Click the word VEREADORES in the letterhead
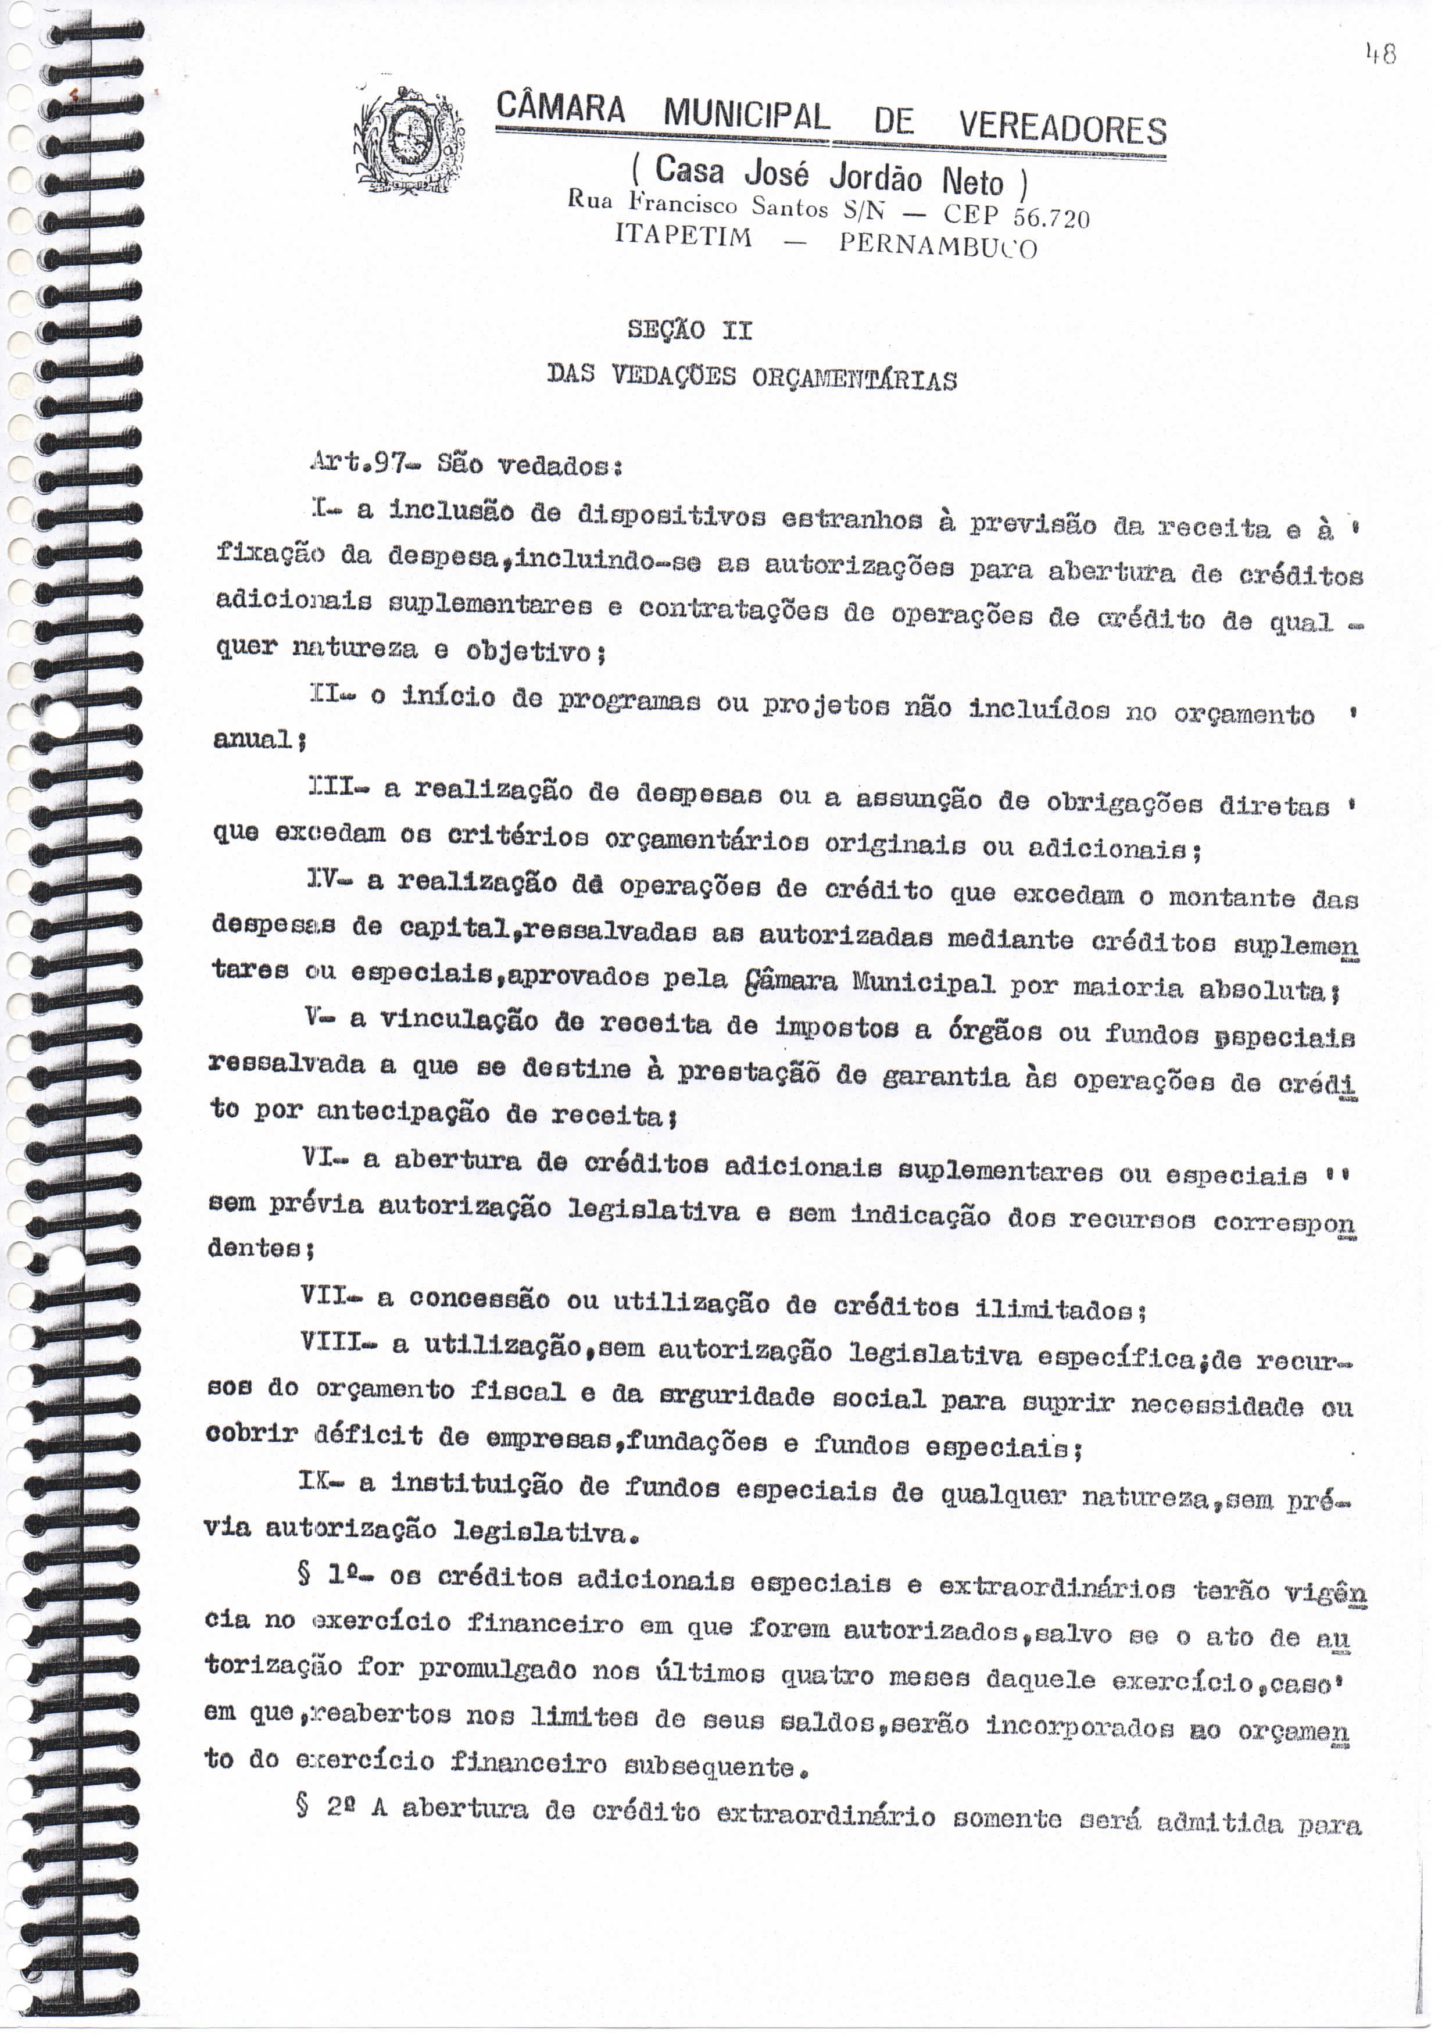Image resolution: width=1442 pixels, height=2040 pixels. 1062,129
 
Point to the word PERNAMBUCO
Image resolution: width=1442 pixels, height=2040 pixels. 938,244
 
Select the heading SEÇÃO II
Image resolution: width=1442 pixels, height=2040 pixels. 689,331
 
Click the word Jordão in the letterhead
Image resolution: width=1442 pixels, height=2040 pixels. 875,177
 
